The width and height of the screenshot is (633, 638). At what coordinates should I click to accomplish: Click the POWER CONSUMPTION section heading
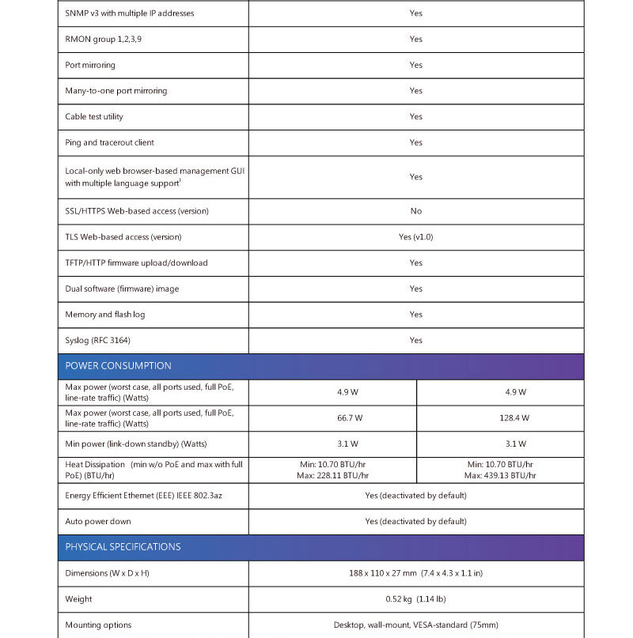[118, 366]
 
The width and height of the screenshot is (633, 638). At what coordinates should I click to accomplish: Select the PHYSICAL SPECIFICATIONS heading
[123, 547]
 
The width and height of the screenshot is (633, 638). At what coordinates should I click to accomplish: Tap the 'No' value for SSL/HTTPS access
[416, 211]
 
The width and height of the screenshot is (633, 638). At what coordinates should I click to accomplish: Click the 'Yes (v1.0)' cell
[416, 237]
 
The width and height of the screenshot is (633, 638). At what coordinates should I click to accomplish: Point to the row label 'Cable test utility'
[94, 117]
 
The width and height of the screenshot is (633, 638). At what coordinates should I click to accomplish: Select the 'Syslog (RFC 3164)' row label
[97, 341]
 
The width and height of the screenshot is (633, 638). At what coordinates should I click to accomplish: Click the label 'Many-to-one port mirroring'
[116, 91]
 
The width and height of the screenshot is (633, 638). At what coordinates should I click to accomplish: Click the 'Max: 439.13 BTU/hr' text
[500, 476]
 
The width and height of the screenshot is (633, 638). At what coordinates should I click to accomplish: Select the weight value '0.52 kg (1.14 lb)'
[416, 599]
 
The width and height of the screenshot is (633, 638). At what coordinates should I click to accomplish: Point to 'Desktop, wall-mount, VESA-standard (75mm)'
[416, 625]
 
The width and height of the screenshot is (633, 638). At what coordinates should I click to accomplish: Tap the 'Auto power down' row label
[98, 522]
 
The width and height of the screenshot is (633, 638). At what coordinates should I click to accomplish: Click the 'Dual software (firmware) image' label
[122, 289]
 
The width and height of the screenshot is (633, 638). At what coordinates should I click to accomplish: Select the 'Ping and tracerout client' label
[109, 143]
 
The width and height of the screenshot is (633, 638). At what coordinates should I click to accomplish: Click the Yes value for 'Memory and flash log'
[416, 315]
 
